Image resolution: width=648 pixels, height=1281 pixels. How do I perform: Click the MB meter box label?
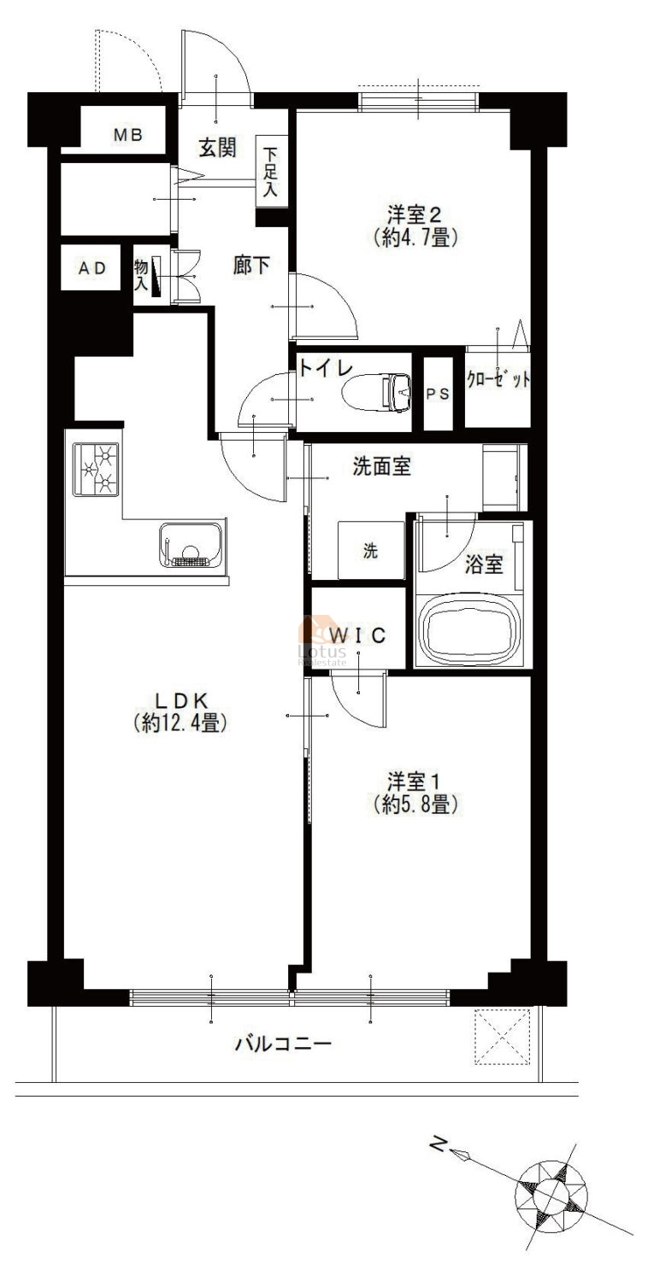coord(127,135)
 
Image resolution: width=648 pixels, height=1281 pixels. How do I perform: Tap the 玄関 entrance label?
coord(218,148)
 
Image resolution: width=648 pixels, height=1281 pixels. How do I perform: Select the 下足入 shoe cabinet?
coord(271,173)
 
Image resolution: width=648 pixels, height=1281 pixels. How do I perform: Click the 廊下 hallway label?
coord(252,265)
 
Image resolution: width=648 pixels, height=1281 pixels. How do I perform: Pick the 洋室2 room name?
coord(415,215)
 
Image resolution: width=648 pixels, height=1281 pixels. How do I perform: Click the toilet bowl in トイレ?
coord(377,392)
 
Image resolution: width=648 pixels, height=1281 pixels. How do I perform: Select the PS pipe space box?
coord(438,394)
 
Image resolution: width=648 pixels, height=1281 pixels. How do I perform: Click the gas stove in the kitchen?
coord(96,470)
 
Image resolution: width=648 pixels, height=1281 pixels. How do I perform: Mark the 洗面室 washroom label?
coord(382,466)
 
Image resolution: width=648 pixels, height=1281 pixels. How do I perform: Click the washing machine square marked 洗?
coord(371,550)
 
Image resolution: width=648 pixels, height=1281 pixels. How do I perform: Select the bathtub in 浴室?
coord(471,631)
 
